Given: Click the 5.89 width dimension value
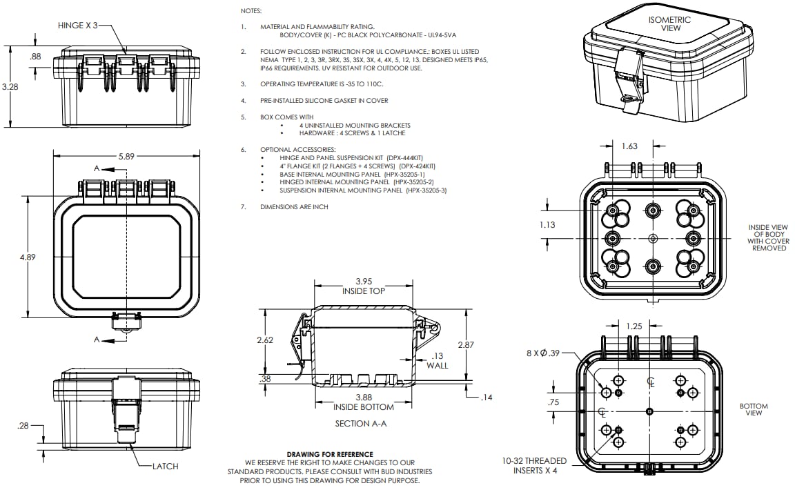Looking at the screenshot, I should point(126,157).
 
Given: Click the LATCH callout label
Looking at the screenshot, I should point(165,467).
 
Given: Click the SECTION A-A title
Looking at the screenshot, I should point(360,423).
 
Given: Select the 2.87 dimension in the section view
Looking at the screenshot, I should point(467,344).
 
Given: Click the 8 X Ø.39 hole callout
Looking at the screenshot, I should point(544,353).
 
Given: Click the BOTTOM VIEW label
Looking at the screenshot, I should point(753,409).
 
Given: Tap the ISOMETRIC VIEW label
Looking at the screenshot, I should point(669,24).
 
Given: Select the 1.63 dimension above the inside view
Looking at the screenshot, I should point(629,146).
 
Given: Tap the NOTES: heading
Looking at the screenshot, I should point(251,12).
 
